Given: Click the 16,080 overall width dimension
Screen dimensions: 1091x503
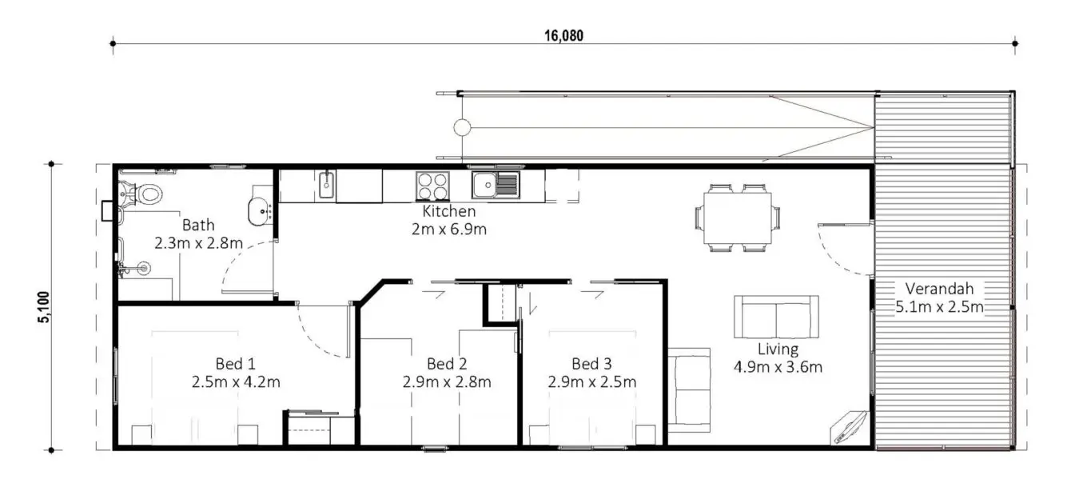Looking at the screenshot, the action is coord(563,35).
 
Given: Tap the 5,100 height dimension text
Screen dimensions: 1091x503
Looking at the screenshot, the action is coord(44,307).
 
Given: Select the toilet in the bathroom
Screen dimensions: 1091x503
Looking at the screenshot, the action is coord(142,194).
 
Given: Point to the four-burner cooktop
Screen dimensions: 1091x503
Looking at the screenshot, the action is coord(432,186).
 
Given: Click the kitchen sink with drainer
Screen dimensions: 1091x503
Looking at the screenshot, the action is coord(496,185).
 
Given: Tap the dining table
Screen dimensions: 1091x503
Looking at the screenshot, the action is coord(738,218).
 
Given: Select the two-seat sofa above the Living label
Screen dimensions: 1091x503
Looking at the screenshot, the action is coord(776,317).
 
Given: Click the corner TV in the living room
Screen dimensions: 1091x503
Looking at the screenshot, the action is coord(850,426).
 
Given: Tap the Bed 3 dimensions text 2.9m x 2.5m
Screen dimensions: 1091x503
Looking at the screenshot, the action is coord(591,381).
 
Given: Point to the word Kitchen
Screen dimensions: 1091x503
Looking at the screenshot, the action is coord(448,211).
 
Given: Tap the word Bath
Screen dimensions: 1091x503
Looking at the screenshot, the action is coord(198,225).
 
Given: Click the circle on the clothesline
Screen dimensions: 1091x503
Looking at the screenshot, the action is coord(462,128).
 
